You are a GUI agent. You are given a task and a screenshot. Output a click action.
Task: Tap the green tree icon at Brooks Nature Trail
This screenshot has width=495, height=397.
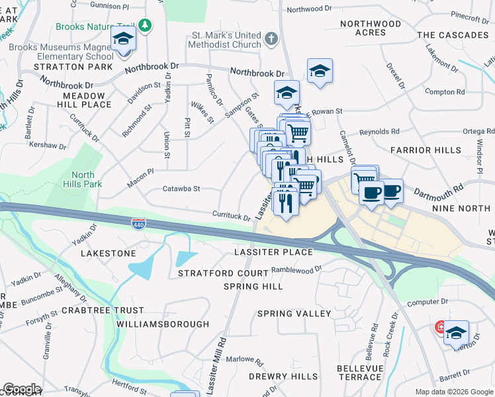click(x=145, y=26)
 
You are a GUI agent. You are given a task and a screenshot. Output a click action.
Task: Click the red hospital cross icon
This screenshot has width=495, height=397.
click(x=439, y=328)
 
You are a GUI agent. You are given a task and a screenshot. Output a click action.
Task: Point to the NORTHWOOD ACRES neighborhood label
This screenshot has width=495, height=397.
click(x=371, y=28)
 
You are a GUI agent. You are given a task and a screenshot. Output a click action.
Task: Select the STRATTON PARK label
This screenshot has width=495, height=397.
click(x=64, y=67)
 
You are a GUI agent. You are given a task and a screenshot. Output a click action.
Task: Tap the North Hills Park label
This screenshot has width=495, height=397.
click(x=83, y=179)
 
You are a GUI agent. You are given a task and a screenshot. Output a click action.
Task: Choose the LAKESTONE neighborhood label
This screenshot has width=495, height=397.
click(x=108, y=253)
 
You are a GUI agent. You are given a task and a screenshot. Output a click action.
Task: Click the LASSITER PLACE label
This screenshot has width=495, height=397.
click(x=273, y=253)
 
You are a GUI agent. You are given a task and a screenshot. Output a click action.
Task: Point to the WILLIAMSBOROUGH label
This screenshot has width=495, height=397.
click(x=163, y=324)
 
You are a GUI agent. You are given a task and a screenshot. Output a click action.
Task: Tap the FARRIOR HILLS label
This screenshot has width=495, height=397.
click(x=435, y=150)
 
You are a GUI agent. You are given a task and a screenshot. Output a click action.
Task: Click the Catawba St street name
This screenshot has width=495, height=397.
click(x=181, y=189)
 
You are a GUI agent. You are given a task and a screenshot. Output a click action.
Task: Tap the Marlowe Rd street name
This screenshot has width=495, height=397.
click(x=244, y=360)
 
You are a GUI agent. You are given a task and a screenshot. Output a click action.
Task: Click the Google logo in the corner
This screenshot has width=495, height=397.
click(x=22, y=389)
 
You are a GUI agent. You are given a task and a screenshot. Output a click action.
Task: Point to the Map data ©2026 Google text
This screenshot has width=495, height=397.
click(x=453, y=392)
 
